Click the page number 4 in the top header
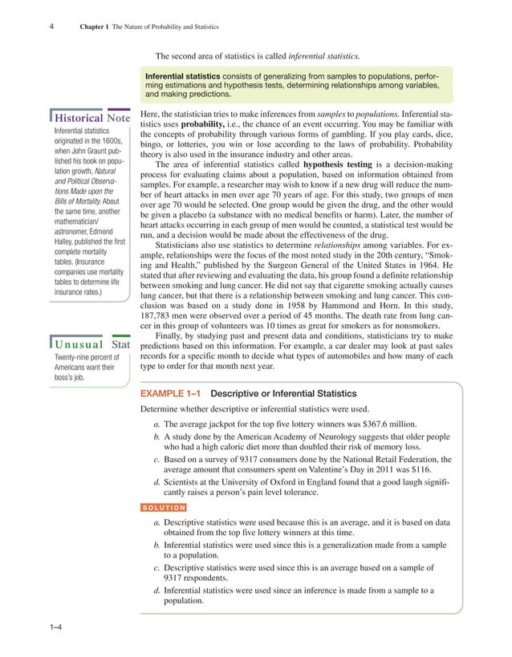pos(51,29)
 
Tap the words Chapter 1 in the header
pos(96,29)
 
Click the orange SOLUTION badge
pos(164,507)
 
